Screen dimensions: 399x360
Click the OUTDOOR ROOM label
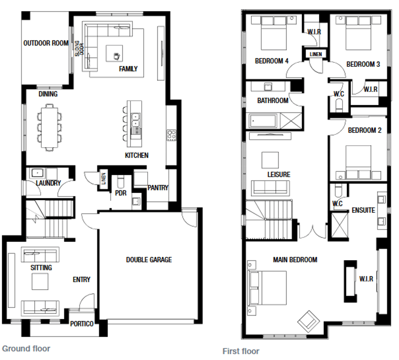(46, 43)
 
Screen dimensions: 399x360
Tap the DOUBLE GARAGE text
(149, 260)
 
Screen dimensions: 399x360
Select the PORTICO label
(82, 324)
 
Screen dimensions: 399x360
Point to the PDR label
(120, 193)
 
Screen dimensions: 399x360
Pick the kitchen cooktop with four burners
(171, 135)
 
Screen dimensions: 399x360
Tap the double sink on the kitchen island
(136, 120)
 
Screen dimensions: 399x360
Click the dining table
(50, 127)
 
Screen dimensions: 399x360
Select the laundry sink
(37, 173)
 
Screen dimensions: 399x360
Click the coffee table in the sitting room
(40, 281)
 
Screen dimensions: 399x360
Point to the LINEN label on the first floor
(315, 54)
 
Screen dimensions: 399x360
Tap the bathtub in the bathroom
(263, 121)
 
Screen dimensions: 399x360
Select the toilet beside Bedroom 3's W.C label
(339, 105)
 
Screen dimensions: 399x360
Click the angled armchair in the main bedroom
(309, 321)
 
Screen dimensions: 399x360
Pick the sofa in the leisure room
(270, 188)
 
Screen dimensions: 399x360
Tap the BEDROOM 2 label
(365, 130)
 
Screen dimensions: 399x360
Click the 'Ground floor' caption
(26, 348)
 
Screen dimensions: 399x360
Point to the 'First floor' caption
(241, 351)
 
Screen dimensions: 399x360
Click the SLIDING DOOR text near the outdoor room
(78, 48)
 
